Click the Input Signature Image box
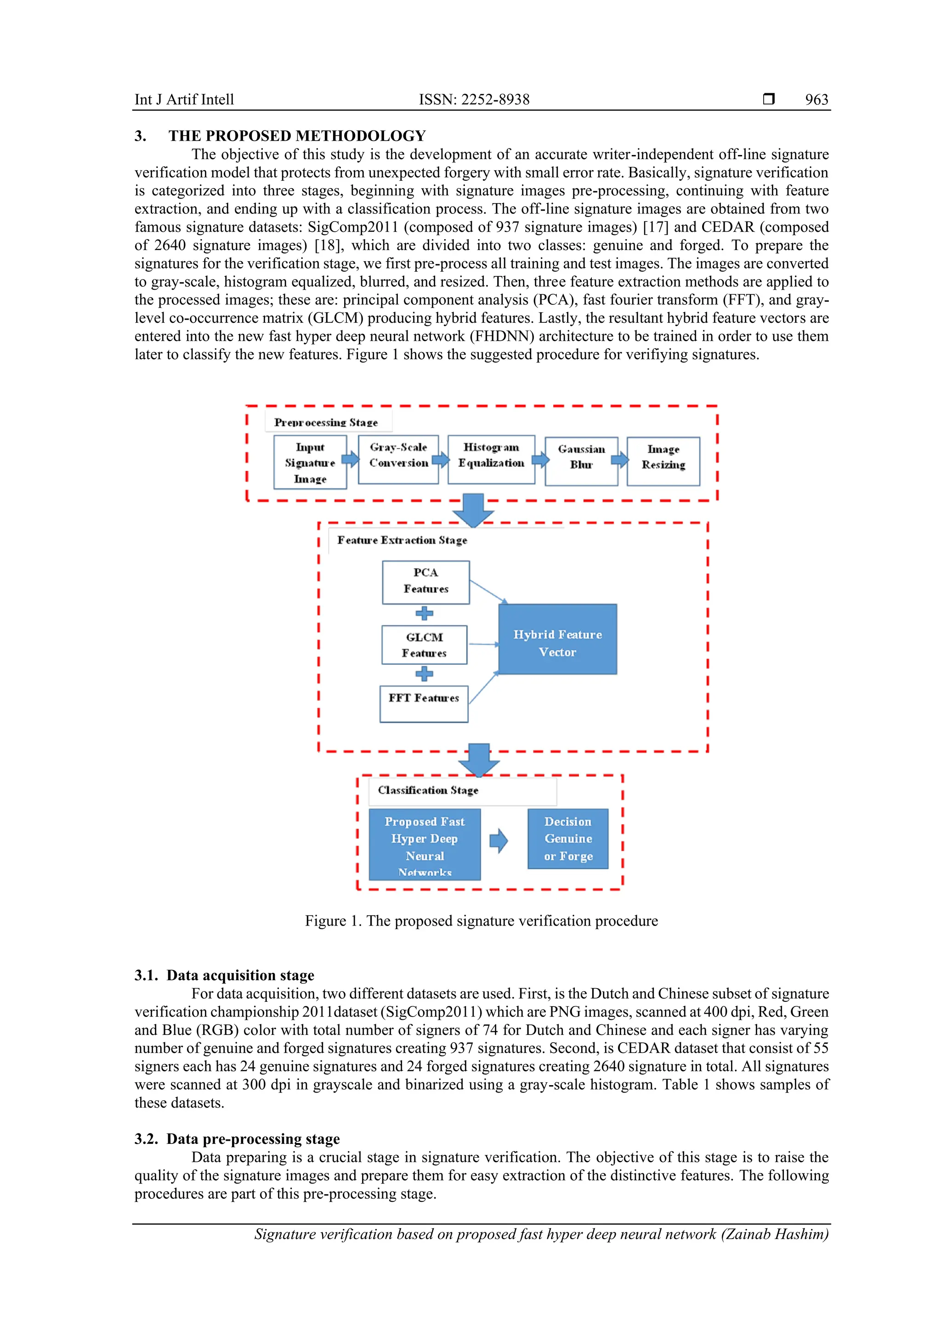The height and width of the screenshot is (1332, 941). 310,463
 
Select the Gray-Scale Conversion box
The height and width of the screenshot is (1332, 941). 398,459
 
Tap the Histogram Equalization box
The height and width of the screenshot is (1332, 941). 491,459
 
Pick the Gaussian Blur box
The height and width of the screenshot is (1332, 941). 581,461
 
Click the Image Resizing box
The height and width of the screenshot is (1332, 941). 663,461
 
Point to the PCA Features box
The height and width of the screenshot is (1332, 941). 425,582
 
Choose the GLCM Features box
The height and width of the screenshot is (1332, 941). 425,645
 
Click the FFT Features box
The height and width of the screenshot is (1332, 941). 424,704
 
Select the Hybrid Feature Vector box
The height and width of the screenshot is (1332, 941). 557,639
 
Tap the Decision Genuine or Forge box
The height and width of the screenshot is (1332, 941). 567,838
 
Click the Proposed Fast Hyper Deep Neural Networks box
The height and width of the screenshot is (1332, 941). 425,844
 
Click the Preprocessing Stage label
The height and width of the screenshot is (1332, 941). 326,423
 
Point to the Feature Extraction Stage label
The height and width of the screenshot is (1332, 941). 402,540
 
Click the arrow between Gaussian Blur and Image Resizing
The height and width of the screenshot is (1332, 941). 620,460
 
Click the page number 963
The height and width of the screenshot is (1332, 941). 816,100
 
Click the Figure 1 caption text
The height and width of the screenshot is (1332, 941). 481,920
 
